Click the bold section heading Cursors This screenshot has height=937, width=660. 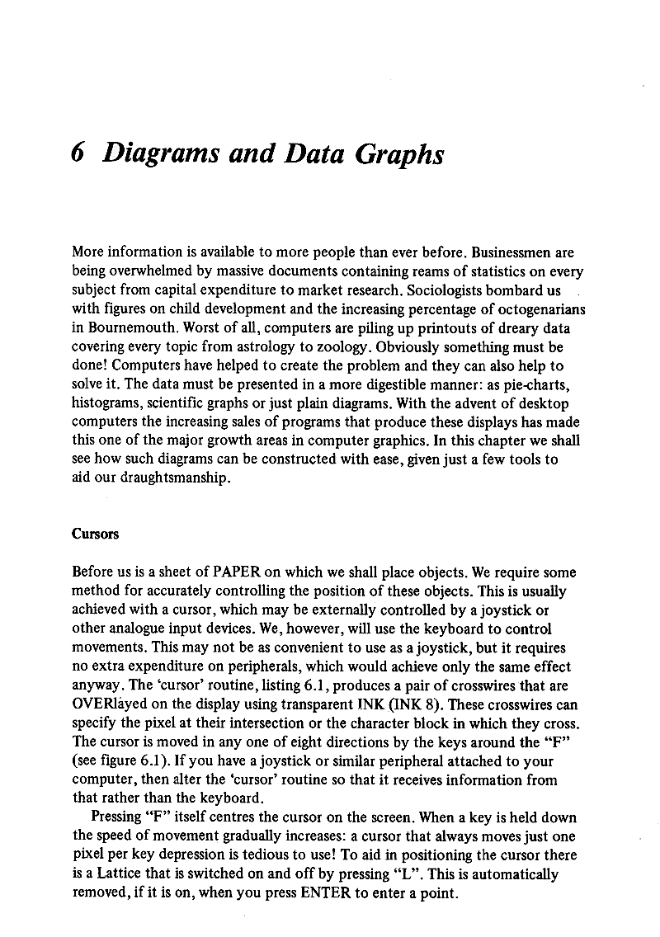[x=96, y=534]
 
